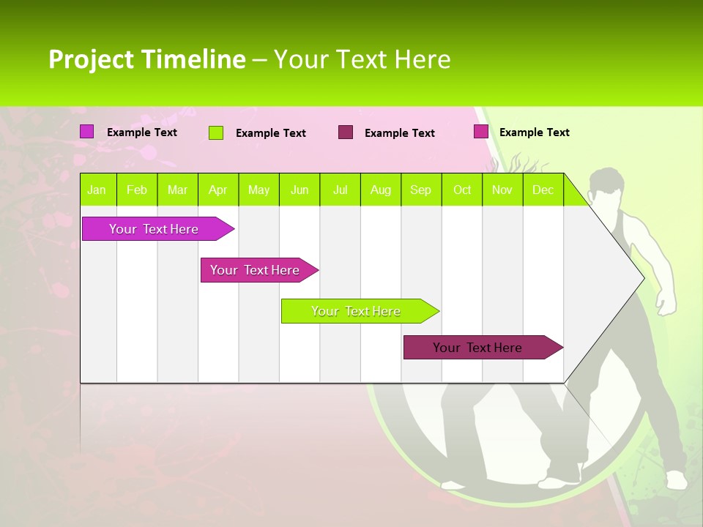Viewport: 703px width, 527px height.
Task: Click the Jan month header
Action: click(x=97, y=190)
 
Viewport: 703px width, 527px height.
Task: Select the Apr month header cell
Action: click(x=218, y=190)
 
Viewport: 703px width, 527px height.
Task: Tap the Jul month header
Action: click(x=341, y=190)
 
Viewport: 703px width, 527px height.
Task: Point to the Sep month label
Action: click(x=421, y=190)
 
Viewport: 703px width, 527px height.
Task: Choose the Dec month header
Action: click(x=543, y=190)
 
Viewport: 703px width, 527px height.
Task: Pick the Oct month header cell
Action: click(x=462, y=190)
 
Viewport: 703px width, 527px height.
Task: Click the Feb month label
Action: click(x=137, y=190)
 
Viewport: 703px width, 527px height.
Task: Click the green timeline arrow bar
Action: click(x=356, y=311)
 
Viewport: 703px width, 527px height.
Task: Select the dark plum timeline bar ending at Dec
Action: click(x=477, y=348)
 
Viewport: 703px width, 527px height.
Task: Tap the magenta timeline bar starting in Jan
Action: click(x=154, y=229)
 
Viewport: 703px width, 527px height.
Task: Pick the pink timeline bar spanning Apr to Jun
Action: click(x=255, y=270)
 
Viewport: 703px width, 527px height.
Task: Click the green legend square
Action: click(x=216, y=132)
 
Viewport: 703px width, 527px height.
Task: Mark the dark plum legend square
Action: click(x=346, y=132)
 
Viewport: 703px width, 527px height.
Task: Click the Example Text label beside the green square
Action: click(x=270, y=133)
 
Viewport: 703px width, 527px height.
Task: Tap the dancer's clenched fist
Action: click(x=666, y=302)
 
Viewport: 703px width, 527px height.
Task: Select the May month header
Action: click(x=258, y=190)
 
